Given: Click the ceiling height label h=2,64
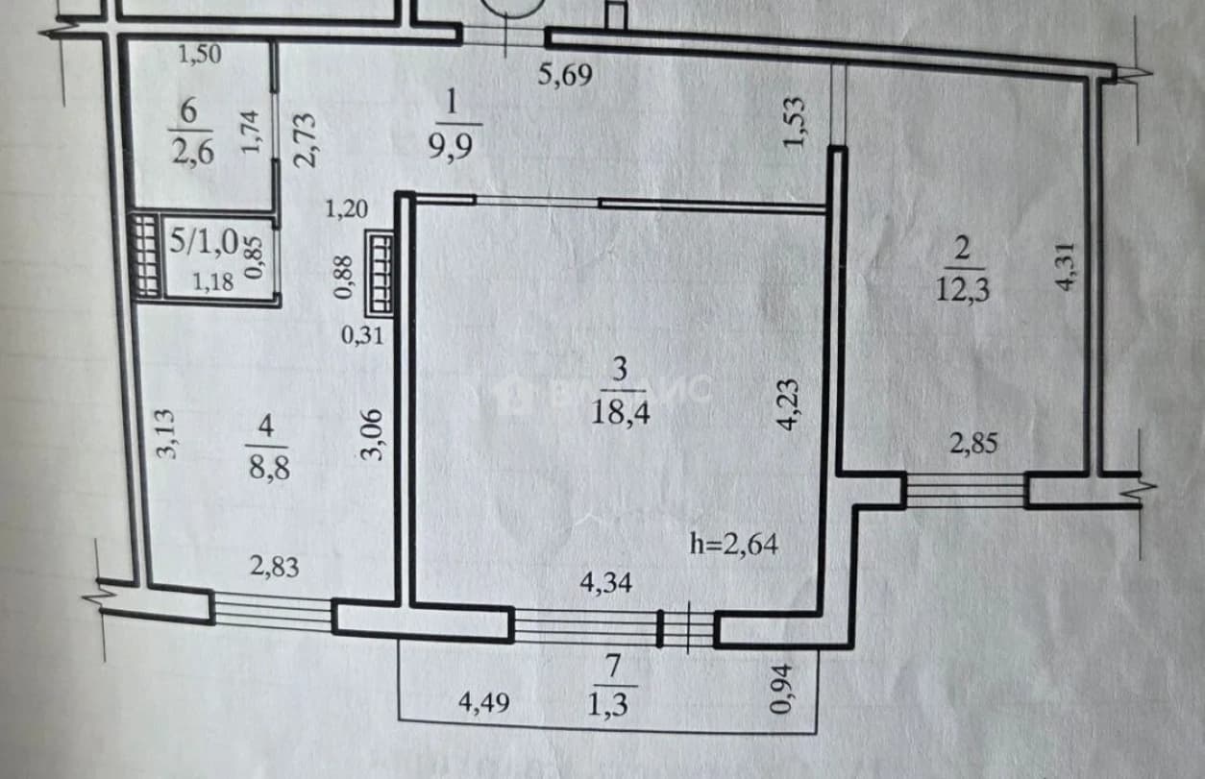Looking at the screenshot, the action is tap(734, 544).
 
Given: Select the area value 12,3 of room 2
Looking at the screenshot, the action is tap(963, 290).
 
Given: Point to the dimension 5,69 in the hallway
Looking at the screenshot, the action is tap(565, 75).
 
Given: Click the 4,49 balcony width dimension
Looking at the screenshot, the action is tap(483, 703).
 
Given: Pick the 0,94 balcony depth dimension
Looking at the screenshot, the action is tap(781, 689).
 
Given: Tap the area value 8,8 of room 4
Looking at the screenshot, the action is tap(269, 467).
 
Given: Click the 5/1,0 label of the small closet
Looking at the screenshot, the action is tap(204, 241).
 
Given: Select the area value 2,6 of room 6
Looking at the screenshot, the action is tap(192, 152).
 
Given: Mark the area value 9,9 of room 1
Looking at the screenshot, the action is tap(451, 146).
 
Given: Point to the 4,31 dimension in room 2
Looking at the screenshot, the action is tap(1066, 267).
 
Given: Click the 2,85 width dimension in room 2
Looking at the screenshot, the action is tap(973, 444).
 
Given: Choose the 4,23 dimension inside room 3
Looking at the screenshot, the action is tap(789, 404).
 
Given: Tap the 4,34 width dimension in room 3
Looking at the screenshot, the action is tap(605, 583).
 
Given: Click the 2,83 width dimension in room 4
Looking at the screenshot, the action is tap(275, 567).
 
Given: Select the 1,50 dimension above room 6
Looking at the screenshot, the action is tap(200, 55).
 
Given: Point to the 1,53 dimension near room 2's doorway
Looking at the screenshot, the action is tap(794, 122).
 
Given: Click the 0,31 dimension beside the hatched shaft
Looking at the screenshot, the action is tap(362, 336).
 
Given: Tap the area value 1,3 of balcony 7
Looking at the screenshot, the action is tap(607, 705).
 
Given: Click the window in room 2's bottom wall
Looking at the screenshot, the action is tap(966, 490).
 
